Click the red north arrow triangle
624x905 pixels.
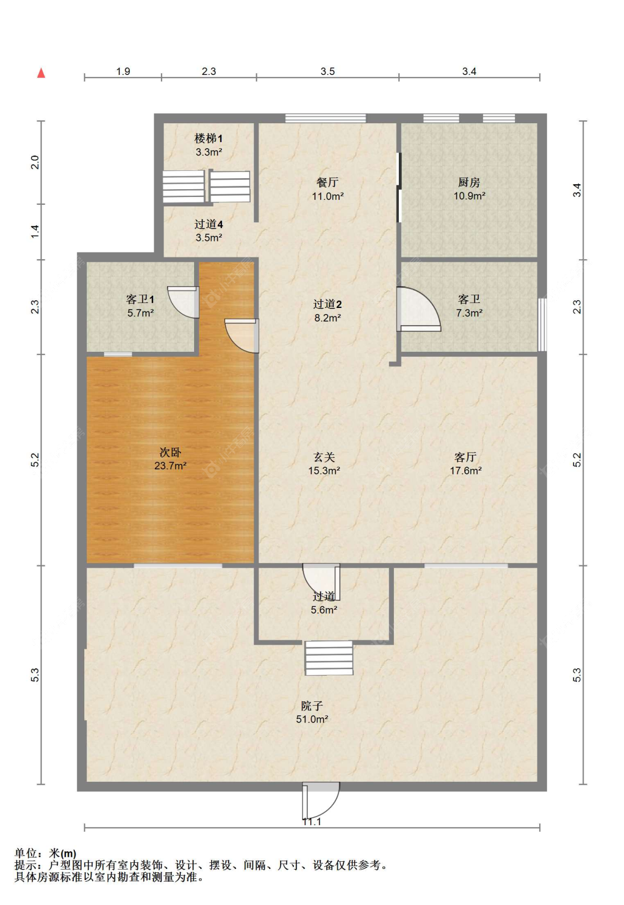coord(41,73)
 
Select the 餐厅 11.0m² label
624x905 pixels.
coord(328,189)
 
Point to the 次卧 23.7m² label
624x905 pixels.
coord(170,458)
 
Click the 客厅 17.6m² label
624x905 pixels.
coord(466,463)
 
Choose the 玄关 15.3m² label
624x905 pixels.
coord(324,463)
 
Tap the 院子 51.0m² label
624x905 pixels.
coord(312,712)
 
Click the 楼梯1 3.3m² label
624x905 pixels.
coord(209,145)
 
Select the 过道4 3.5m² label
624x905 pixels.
coord(209,231)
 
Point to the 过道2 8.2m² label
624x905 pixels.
coord(328,311)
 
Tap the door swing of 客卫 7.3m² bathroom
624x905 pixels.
coord(418,309)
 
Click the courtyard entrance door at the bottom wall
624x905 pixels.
coord(321,801)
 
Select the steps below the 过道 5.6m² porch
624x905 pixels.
coord(329,658)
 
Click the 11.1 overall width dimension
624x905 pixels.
coord(312,822)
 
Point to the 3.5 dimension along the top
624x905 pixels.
coord(328,72)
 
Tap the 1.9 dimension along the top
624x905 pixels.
coord(123,72)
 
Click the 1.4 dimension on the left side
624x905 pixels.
coord(35,231)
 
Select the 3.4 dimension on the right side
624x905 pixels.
coord(577,190)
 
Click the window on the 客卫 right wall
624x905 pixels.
coord(542,325)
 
